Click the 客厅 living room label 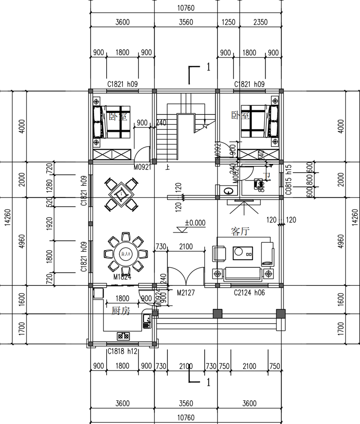pos(241,231)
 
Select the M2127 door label pos(185,293)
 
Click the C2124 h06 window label pos(249,293)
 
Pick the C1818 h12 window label pos(122,352)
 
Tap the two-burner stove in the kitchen pos(123,335)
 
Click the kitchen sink pos(147,320)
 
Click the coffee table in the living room pos(243,253)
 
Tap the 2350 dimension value pos(260,22)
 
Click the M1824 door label pos(122,277)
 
